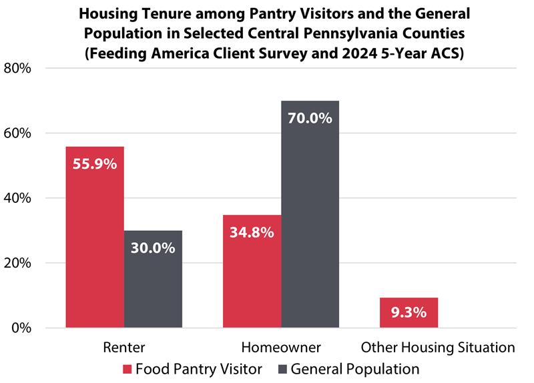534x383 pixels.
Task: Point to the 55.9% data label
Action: [94, 163]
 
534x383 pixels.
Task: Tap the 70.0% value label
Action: [310, 118]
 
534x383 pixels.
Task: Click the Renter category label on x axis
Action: [123, 348]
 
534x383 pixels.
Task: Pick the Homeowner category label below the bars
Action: [281, 348]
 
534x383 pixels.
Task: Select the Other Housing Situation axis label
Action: [438, 348]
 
